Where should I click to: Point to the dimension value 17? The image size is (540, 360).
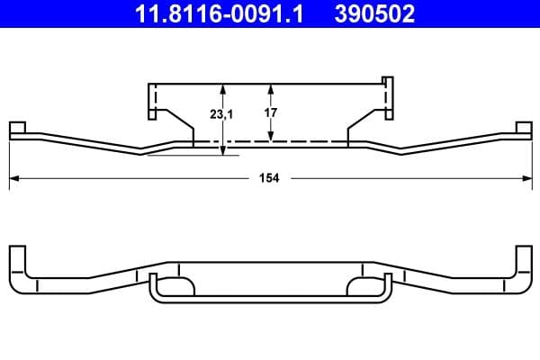271,113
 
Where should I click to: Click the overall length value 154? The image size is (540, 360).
270,178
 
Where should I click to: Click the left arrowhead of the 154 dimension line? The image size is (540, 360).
14,178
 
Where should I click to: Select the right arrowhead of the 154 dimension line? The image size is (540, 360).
525,178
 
